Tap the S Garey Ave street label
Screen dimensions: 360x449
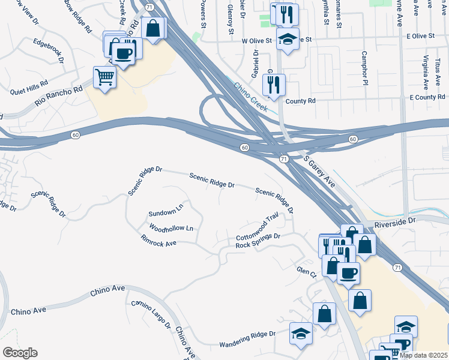pyautogui.click(x=319, y=172)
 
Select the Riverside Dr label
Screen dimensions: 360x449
pyautogui.click(x=394, y=222)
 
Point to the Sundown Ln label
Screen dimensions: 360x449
pyautogui.click(x=166, y=211)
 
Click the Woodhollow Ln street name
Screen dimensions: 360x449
pyautogui.click(x=172, y=229)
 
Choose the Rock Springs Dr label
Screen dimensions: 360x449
pyautogui.click(x=258, y=241)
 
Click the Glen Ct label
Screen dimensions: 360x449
pyautogui.click(x=306, y=272)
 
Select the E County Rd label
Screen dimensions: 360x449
pyautogui.click(x=427, y=97)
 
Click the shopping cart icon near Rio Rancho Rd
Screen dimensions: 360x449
pyautogui.click(x=104, y=77)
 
